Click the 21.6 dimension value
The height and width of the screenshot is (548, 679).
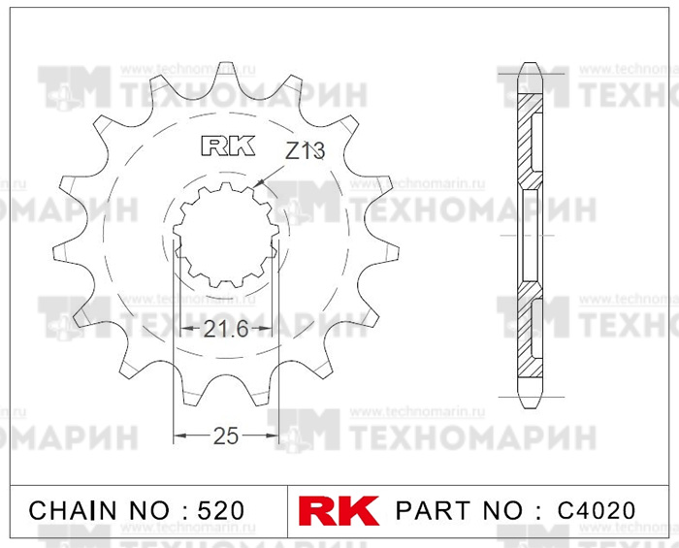[x=226, y=330]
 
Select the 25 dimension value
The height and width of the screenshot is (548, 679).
[x=226, y=435]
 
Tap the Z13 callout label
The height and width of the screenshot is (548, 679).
[x=305, y=151]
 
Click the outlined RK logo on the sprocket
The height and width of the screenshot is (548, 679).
[x=228, y=145]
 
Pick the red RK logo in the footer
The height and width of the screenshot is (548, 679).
[x=339, y=511]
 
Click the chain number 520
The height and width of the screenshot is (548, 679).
[x=221, y=511]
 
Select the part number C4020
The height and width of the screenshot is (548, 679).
[x=597, y=511]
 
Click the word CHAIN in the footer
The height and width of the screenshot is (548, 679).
[x=73, y=511]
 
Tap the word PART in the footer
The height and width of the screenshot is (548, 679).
[x=433, y=511]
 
